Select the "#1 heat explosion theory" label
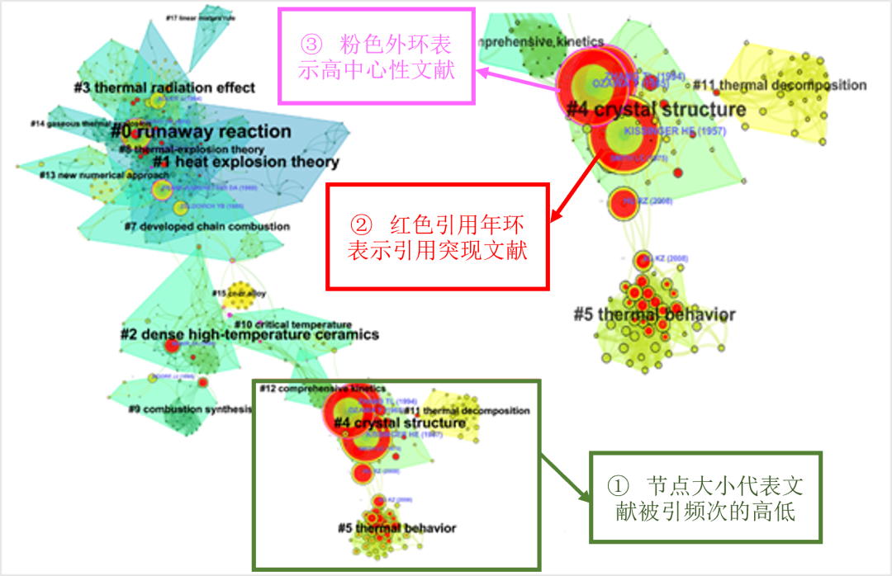[x=246, y=163]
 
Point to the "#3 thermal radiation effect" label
[x=164, y=87]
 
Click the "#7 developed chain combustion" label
[x=207, y=226]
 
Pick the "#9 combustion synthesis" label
[x=189, y=408]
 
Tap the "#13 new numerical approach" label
[x=92, y=176]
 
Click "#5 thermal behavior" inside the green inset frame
[x=396, y=528]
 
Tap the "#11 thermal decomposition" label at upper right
[x=780, y=85]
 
